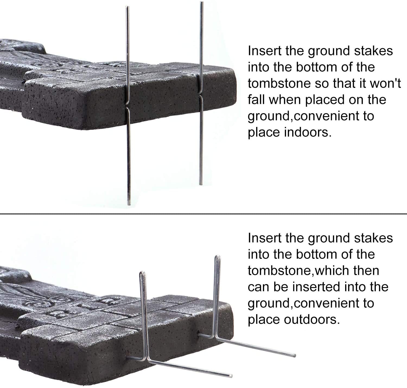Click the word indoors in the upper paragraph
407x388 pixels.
pyautogui.click(x=308, y=132)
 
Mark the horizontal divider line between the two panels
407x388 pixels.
pyautogui.click(x=203, y=214)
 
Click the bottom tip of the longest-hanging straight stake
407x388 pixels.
pyautogui.click(x=129, y=205)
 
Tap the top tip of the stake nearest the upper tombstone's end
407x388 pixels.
pyautogui.click(x=201, y=2)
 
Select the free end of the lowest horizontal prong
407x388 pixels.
pyautogui.click(x=231, y=376)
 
